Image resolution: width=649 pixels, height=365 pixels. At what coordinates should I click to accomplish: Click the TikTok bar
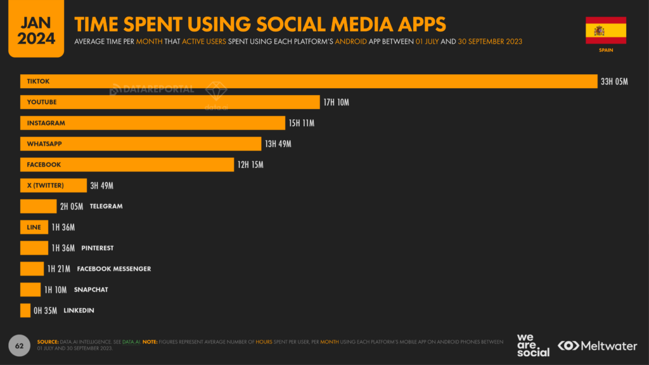tap(309, 81)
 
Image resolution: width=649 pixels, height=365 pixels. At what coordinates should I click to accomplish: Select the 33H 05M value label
tap(614, 82)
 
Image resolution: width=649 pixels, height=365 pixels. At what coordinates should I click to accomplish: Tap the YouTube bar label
tap(42, 102)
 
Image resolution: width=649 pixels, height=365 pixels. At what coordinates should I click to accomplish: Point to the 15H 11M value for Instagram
tap(302, 123)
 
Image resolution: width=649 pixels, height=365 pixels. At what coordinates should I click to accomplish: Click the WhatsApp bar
tap(140, 144)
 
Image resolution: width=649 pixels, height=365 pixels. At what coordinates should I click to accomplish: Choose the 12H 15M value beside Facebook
tap(250, 165)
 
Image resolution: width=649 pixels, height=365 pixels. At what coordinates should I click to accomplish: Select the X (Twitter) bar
tap(53, 185)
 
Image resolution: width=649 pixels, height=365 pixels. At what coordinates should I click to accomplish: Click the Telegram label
tap(106, 206)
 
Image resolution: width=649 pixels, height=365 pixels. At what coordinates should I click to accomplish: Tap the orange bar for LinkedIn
tap(25, 310)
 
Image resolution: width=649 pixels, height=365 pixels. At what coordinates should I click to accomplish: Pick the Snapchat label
tap(91, 290)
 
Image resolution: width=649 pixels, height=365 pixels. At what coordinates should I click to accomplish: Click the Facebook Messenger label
tap(114, 269)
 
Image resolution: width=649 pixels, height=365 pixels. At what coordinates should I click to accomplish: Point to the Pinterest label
tap(98, 248)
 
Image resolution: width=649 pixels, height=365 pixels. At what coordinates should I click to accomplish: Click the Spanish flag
tap(605, 30)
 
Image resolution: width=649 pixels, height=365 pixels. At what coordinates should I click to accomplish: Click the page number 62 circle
tap(19, 345)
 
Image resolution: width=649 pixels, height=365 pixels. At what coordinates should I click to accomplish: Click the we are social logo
tap(533, 345)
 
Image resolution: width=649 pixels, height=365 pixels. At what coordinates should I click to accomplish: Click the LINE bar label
tap(34, 227)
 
